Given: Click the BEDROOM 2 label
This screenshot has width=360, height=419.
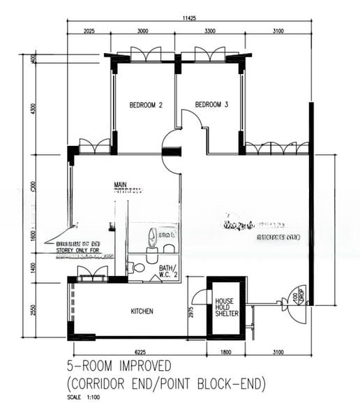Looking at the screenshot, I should coord(146,105).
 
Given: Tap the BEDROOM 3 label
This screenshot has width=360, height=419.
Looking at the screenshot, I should coord(211,105).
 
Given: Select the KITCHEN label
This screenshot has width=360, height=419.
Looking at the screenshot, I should coord(142,311).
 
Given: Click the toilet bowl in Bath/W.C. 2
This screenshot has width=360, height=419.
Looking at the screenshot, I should coord(138,267).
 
